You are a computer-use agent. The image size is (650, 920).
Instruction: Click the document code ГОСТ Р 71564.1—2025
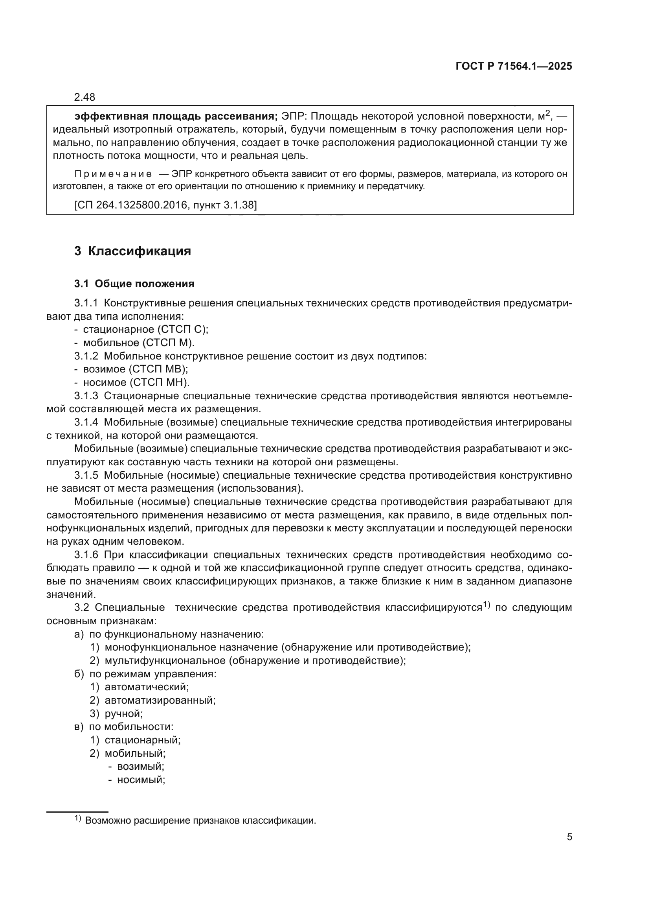(514, 66)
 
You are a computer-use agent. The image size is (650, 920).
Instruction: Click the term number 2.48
(84, 97)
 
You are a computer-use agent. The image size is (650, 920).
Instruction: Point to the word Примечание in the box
(113, 174)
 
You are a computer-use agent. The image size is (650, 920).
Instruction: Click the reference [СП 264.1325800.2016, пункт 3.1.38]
(165, 205)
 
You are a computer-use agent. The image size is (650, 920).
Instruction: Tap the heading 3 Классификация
(132, 251)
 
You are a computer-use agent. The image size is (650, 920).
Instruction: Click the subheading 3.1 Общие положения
(134, 284)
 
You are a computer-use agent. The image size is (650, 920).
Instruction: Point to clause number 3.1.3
(86, 396)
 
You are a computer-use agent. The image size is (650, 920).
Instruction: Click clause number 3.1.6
(86, 555)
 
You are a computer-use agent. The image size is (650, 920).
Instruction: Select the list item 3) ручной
(116, 714)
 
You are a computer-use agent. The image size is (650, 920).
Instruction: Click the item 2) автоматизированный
(152, 701)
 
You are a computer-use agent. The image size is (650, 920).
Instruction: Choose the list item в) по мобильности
(124, 727)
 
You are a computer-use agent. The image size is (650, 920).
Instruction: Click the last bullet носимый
(140, 780)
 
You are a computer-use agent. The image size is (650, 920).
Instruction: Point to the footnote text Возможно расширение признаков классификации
(200, 820)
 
